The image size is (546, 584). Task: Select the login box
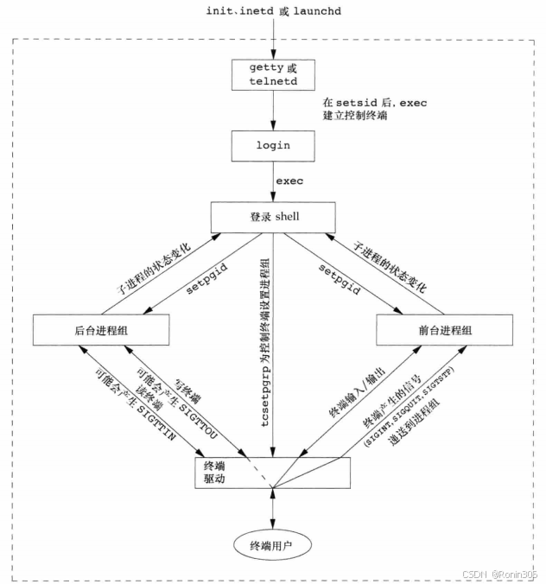[x=273, y=146]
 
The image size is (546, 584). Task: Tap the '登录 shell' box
[x=273, y=217]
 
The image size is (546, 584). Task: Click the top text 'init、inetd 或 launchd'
[x=273, y=10]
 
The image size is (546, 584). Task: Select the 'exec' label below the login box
[x=289, y=181]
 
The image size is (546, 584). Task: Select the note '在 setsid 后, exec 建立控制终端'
[x=369, y=109]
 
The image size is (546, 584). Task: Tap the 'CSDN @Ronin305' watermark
[x=500, y=574]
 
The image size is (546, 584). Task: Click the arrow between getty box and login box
[x=273, y=111]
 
